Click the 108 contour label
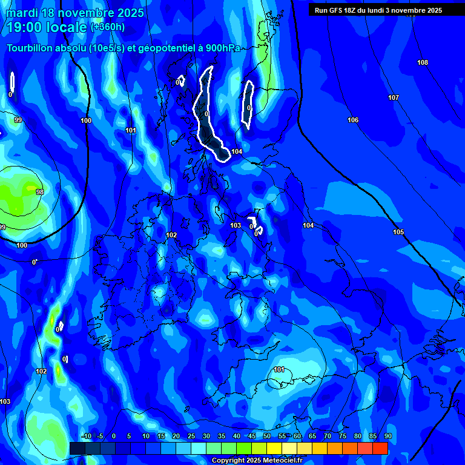[423, 63]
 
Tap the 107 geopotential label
[394, 97]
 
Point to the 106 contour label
[353, 120]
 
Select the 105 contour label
[398, 232]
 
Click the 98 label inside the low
[40, 192]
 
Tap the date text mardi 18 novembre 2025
[75, 13]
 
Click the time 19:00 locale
[48, 27]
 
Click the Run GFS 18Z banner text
[378, 10]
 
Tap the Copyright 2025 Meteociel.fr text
[257, 461]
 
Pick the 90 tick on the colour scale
[387, 436]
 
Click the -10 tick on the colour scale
[86, 436]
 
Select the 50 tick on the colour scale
[267, 436]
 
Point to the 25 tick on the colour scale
[191, 436]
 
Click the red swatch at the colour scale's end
[380, 448]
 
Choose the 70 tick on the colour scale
[328, 436]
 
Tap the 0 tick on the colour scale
[114, 436]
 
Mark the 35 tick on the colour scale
[222, 436]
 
